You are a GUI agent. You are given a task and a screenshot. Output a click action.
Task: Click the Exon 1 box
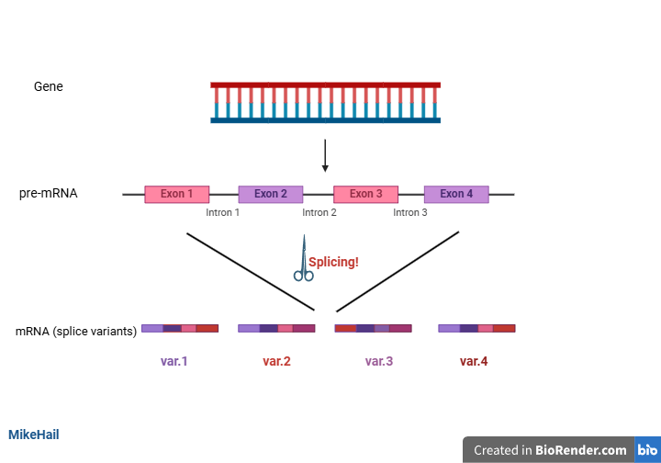click(177, 194)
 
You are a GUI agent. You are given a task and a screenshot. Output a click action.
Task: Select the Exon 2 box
click(271, 194)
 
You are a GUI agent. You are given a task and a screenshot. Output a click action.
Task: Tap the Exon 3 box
click(365, 194)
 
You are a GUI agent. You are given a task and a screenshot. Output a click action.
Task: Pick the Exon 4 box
click(456, 194)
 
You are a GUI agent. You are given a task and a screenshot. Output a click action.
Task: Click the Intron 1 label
click(223, 213)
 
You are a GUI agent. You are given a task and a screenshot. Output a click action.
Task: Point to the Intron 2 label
click(319, 213)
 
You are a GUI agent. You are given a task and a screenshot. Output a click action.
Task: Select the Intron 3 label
click(410, 213)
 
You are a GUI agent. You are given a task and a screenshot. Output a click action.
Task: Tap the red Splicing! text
click(333, 262)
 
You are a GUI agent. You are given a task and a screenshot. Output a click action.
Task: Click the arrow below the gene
click(325, 156)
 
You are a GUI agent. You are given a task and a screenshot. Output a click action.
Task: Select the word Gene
click(49, 87)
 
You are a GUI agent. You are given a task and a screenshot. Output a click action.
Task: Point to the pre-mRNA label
click(49, 194)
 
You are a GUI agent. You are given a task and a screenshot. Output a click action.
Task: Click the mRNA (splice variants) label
click(76, 331)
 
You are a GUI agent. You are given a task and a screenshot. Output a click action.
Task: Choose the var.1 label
click(174, 361)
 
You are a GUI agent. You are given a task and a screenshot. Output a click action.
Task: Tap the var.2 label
click(276, 361)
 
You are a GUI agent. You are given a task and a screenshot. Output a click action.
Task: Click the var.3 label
click(378, 361)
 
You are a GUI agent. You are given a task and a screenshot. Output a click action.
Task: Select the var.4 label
click(474, 361)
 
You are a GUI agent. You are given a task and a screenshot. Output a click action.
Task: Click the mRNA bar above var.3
click(373, 328)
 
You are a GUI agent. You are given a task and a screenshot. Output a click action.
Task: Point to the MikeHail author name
click(34, 434)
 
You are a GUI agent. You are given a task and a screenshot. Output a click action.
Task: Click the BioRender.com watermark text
click(582, 450)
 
